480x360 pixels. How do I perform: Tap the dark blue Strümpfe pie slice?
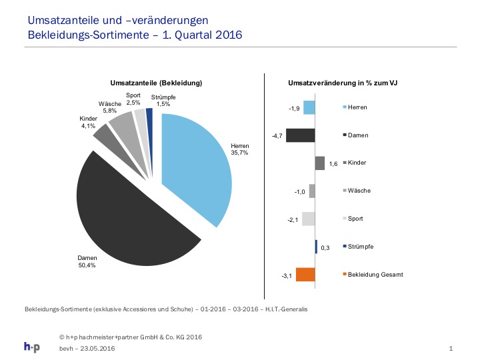[150, 123]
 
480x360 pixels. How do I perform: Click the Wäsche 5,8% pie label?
[109, 107]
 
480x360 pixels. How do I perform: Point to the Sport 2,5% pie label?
[133, 99]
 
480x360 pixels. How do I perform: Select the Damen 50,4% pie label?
[87, 261]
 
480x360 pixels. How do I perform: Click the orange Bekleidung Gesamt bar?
[305, 274]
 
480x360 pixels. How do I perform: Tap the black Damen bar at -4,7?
[300, 135]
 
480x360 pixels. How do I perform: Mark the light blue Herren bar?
[309, 107]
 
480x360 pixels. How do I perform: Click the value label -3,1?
[287, 276]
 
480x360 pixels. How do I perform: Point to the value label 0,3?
[325, 247]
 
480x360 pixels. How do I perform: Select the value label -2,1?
[293, 220]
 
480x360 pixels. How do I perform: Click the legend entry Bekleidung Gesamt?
[373, 275]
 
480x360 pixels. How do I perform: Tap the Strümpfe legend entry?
[358, 247]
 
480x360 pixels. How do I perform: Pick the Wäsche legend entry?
[357, 191]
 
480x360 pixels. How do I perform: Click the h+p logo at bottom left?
[32, 347]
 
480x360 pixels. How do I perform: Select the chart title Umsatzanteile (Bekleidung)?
[156, 83]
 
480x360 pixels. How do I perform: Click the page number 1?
[451, 349]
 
